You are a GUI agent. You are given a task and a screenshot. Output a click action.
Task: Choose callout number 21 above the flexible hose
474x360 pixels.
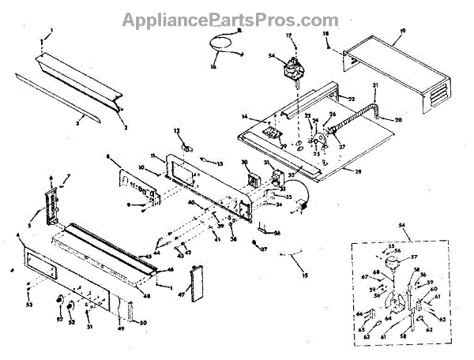pos(375,85)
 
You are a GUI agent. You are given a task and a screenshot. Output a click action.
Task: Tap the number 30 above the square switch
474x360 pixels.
pos(245,163)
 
